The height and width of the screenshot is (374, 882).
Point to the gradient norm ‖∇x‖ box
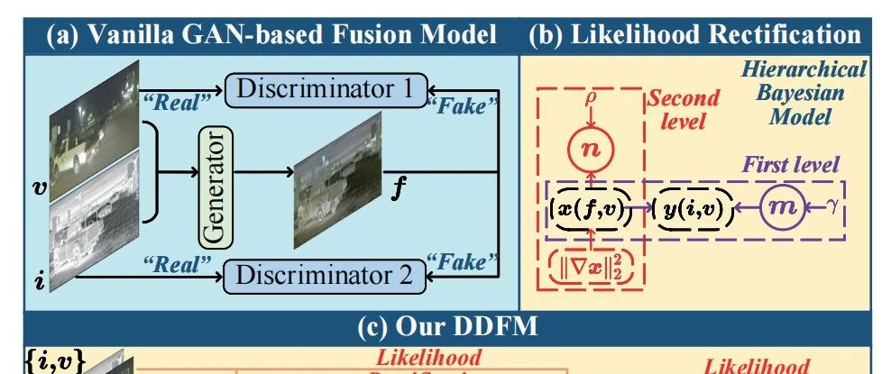(589, 264)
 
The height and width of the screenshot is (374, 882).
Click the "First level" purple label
(790, 165)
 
